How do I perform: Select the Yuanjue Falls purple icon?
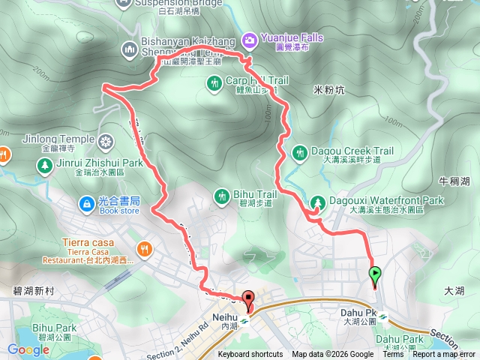(x=250, y=37)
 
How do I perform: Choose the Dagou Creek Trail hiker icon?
(x=299, y=153)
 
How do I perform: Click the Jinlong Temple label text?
(x=63, y=139)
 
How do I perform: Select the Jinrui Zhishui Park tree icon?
(x=44, y=164)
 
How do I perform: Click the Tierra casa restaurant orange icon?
(x=142, y=248)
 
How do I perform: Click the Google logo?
(x=28, y=349)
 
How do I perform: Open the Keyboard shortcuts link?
(x=250, y=355)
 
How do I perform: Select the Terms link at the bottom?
(x=393, y=355)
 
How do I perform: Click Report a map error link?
(x=444, y=355)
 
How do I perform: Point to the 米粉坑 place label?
(x=328, y=89)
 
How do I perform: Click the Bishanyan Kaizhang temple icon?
(x=129, y=49)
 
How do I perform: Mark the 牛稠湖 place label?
(x=454, y=181)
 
